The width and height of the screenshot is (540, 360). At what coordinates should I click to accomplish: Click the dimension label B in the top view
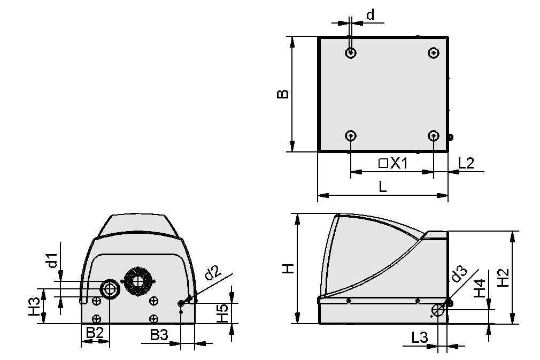283,94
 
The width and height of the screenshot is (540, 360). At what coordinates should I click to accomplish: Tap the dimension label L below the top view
382,187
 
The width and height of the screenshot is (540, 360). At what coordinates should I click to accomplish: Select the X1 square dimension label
393,164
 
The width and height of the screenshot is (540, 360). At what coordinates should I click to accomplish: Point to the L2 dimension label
467,164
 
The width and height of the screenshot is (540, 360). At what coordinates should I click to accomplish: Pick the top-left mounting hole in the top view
351,52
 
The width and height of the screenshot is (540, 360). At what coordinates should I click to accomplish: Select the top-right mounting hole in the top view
434,52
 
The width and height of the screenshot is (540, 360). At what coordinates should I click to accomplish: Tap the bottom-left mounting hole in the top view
351,135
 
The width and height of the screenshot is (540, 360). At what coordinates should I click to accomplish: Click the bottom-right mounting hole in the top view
434,135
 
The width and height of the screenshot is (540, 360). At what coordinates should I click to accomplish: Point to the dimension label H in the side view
288,269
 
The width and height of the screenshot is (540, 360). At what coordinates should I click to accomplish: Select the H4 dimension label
480,289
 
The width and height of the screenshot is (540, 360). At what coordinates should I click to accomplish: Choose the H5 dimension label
221,313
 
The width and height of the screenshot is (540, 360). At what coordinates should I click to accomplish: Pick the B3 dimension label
159,335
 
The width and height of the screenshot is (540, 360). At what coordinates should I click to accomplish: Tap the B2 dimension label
95,333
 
